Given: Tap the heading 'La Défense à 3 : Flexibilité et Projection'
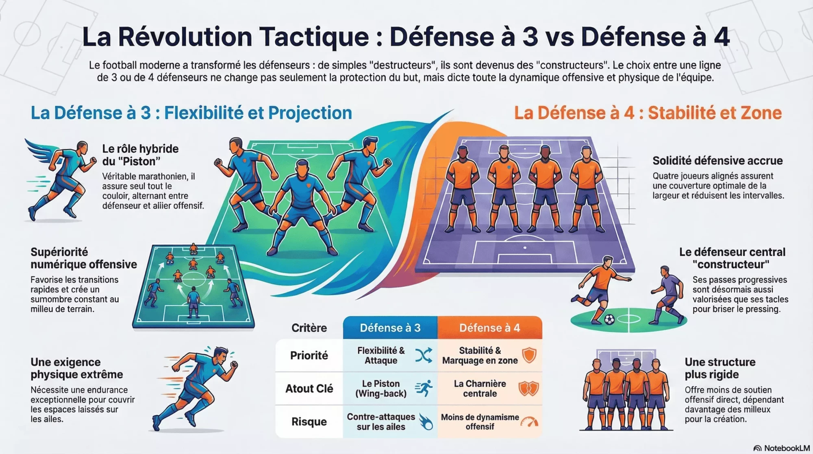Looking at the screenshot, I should tap(191, 113).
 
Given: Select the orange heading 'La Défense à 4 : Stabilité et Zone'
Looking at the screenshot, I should tap(648, 113).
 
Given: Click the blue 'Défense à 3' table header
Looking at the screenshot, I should tap(390, 328).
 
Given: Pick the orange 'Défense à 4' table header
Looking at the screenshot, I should tap(489, 328).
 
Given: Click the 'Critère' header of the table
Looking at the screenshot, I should tap(309, 328).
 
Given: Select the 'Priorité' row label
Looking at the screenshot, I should tap(309, 356).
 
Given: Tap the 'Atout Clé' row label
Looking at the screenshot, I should tap(309, 389).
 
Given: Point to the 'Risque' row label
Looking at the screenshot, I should tap(309, 422).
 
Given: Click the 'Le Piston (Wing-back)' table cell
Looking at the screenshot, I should tap(381, 389).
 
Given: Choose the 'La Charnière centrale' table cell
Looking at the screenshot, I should tap(480, 389).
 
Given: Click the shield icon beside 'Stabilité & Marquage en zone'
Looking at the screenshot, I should tap(529, 356).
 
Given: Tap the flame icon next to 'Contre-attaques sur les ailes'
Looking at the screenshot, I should tap(426, 422).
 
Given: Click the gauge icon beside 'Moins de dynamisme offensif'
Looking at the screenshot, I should tap(529, 422).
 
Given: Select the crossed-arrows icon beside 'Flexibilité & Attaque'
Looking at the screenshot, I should tap(424, 356).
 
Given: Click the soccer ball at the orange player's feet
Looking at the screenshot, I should tap(609, 320).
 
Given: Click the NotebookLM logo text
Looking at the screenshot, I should tap(786, 448).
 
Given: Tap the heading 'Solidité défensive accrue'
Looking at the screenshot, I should tap(717, 161).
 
